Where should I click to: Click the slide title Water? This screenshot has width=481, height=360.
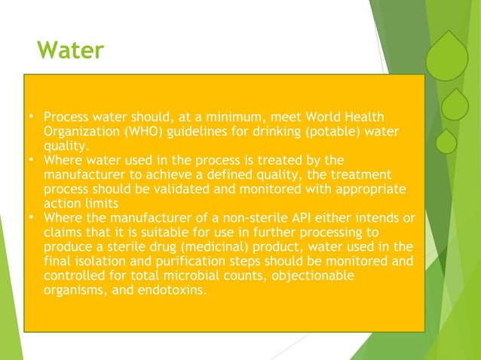point(70,52)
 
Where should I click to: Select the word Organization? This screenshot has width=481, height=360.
point(80,132)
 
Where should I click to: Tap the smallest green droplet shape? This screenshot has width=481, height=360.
point(446,141)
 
